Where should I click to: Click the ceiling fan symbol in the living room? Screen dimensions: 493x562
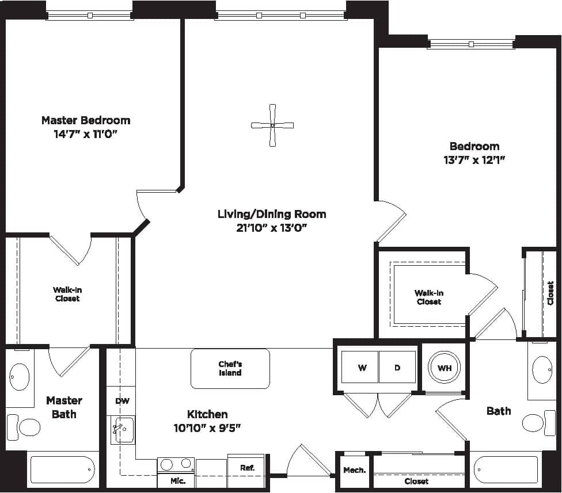tap(272, 125)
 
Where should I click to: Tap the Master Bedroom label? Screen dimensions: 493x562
tap(86, 120)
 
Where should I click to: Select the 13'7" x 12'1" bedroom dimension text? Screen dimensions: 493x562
tap(474, 160)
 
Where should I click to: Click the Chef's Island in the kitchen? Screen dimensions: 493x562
tap(230, 368)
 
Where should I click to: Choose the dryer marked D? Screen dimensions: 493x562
tap(397, 367)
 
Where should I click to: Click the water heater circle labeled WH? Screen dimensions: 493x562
tap(445, 368)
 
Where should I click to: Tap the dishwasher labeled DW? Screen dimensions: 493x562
tap(122, 401)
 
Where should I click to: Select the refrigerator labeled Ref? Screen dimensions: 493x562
tap(247, 468)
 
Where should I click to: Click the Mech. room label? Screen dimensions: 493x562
tap(354, 470)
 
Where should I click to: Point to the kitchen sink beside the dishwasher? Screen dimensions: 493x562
tap(123, 429)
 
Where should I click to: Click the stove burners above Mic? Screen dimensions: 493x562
tap(176, 464)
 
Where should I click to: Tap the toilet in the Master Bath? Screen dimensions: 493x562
tap(24, 427)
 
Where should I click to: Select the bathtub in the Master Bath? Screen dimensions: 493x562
tap(62, 469)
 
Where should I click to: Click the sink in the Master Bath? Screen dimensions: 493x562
tap(20, 377)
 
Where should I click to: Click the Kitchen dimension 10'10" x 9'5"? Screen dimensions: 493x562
tap(207, 427)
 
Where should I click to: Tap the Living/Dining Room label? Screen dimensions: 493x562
tap(272, 214)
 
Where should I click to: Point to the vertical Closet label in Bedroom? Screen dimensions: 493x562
tap(550, 293)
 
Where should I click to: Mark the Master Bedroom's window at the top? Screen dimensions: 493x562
tap(90, 16)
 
